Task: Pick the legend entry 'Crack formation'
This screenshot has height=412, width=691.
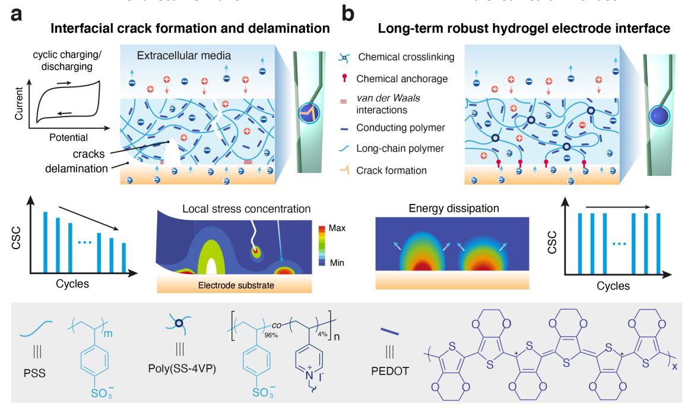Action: point(391,171)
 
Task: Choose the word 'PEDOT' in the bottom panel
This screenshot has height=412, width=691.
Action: point(390,380)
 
